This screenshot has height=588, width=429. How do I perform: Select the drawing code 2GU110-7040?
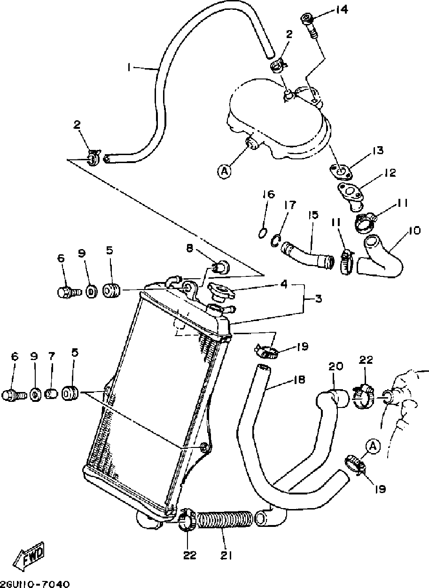[35, 583]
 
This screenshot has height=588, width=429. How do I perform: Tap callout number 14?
[342, 10]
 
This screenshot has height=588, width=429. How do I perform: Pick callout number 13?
[378, 151]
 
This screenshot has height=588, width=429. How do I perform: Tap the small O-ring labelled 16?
[264, 232]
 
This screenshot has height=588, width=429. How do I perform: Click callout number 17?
[290, 205]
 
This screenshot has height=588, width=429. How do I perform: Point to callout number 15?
[313, 215]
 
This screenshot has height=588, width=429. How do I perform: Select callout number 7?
[52, 357]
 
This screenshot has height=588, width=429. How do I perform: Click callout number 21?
[227, 555]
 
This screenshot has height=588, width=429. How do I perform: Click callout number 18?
[299, 379]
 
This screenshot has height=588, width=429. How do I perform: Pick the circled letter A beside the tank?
[224, 172]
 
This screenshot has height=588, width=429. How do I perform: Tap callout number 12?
[390, 172]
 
